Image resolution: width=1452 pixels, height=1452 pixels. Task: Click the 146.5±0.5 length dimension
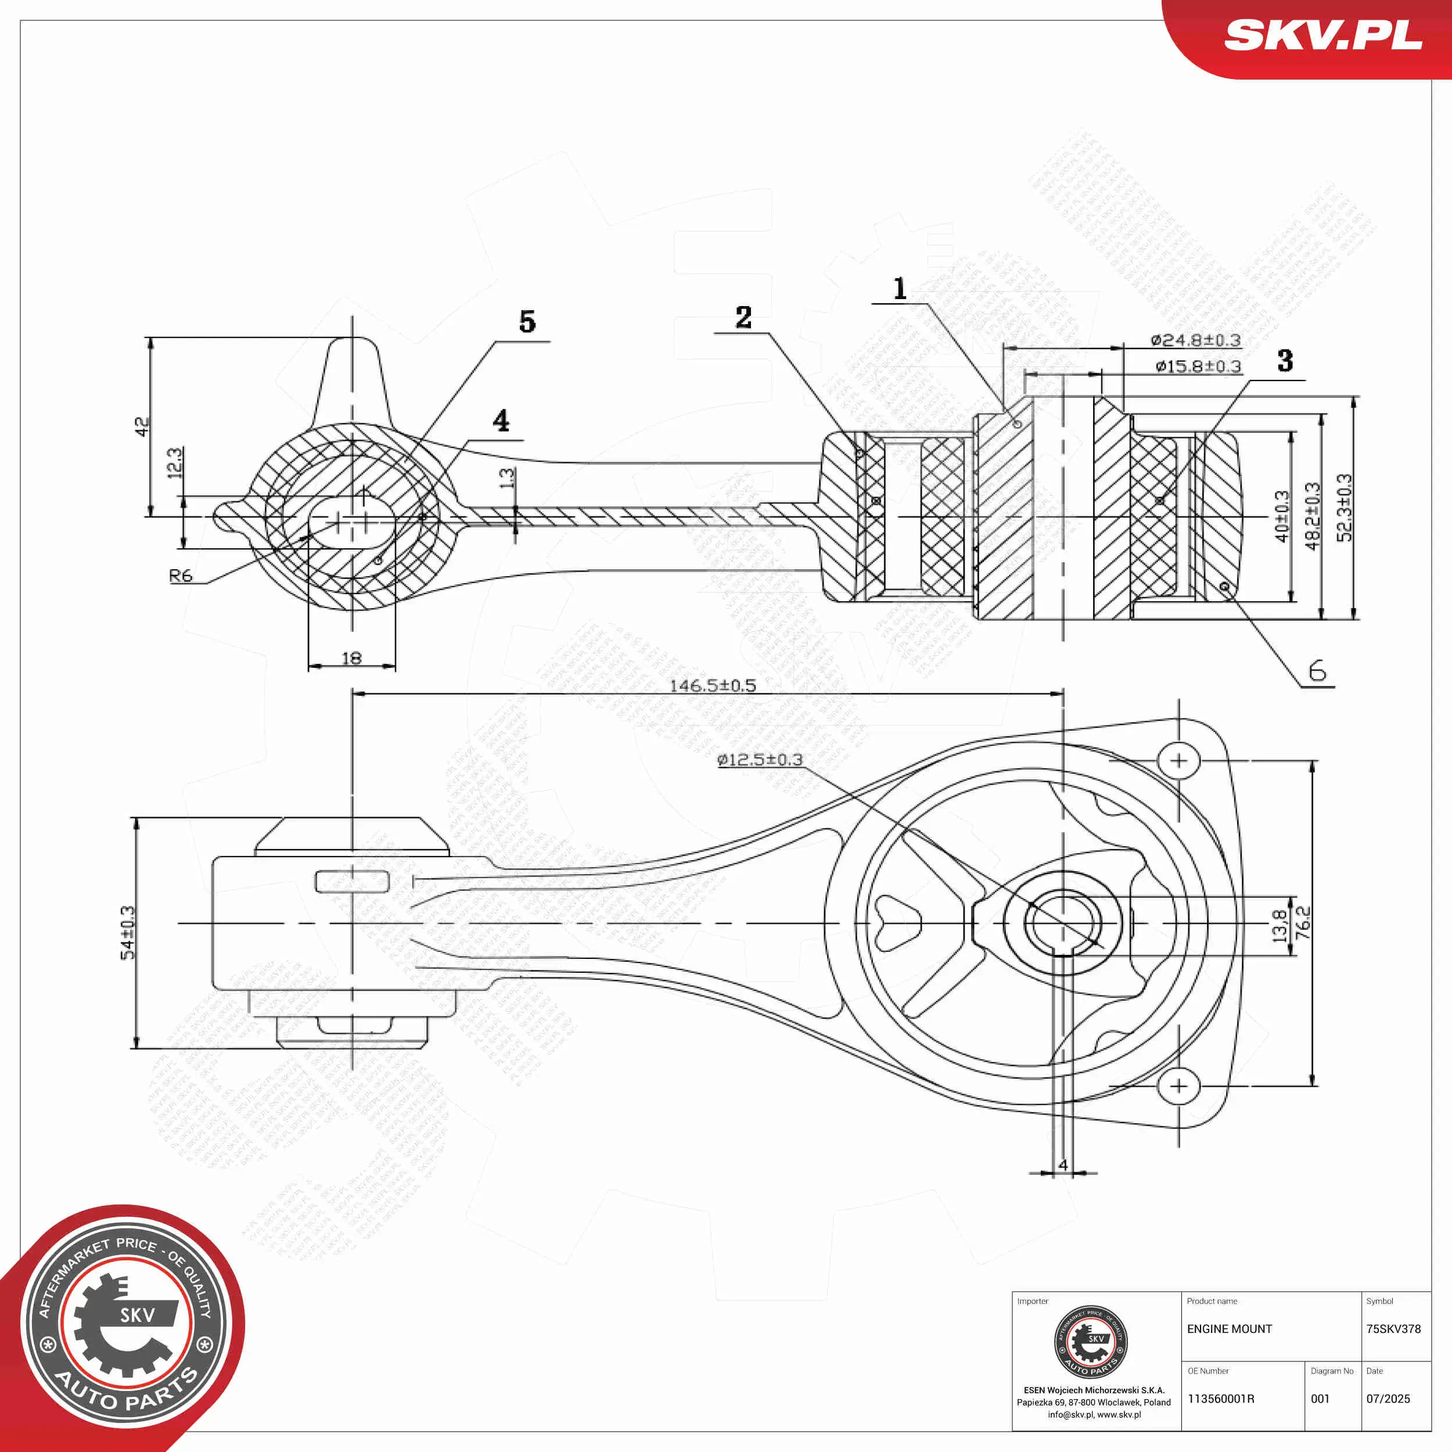pyautogui.click(x=713, y=685)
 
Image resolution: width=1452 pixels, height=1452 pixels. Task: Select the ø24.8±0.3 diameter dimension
pyautogui.click(x=1195, y=340)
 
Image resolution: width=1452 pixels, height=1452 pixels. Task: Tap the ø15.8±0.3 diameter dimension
pyautogui.click(x=1198, y=366)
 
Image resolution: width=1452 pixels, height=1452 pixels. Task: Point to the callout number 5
pyautogui.click(x=527, y=322)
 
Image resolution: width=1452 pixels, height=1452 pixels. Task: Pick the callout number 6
pyautogui.click(x=1317, y=671)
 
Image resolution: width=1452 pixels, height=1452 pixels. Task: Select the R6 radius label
pyautogui.click(x=181, y=576)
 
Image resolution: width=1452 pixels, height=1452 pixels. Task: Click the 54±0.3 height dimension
pyautogui.click(x=128, y=932)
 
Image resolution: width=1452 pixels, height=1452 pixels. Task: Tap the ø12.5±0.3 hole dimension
pyautogui.click(x=760, y=760)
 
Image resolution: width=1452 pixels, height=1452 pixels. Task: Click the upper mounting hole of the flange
pyautogui.click(x=1178, y=761)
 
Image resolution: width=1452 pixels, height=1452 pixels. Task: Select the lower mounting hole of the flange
pyautogui.click(x=1178, y=1086)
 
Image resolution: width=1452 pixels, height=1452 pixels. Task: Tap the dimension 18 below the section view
pyautogui.click(x=352, y=659)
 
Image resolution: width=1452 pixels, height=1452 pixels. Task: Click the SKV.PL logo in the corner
pyautogui.click(x=1322, y=36)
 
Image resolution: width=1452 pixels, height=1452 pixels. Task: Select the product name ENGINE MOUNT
pyautogui.click(x=1230, y=1329)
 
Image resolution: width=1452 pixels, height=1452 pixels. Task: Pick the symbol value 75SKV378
pyautogui.click(x=1393, y=1329)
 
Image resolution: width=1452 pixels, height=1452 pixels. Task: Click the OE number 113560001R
pyautogui.click(x=1220, y=1399)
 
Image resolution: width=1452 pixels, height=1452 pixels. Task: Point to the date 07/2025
pyautogui.click(x=1388, y=1399)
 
